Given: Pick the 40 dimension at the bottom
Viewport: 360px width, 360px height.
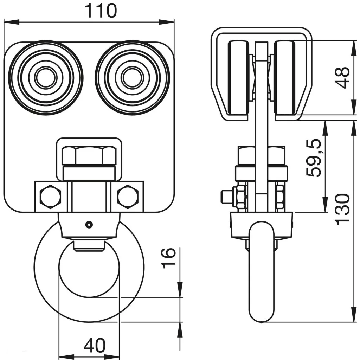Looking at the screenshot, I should click(94, 346).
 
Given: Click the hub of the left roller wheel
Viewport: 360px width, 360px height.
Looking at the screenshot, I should click(46, 78).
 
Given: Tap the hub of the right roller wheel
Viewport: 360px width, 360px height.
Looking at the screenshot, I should click(132, 78).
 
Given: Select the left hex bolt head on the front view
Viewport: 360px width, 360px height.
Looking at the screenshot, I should click(50, 196).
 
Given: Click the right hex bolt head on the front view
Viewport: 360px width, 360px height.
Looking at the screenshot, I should click(128, 196).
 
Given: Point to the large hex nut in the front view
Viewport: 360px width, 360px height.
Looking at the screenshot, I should click(89, 155).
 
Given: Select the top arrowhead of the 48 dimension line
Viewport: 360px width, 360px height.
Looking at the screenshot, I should click(353, 45).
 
